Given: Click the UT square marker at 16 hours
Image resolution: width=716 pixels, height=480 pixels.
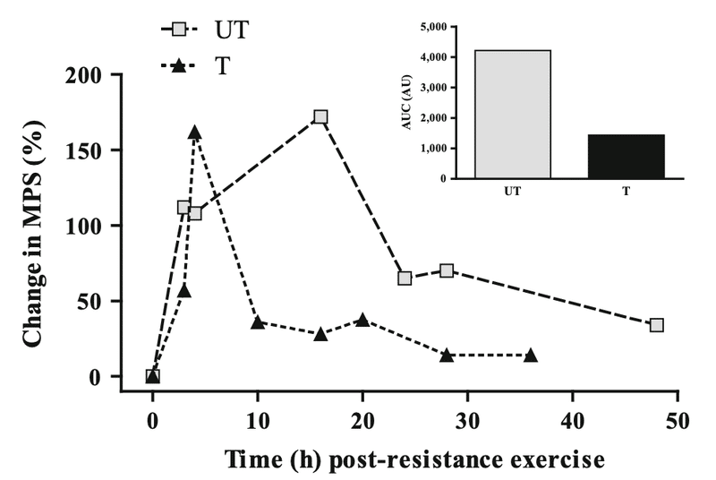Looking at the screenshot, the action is [x=320, y=117].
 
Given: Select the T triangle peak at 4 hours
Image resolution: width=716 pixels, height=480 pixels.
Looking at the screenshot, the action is [x=195, y=133].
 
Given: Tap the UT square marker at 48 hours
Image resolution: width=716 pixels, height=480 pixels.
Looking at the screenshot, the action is [x=656, y=325].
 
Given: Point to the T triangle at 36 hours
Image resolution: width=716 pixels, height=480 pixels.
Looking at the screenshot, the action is [x=531, y=355].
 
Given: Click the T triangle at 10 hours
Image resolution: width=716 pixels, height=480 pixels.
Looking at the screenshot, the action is [x=258, y=322].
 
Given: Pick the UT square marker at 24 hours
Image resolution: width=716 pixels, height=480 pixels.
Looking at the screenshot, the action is [x=405, y=279].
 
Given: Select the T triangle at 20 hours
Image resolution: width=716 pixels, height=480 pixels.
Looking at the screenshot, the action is [x=362, y=320].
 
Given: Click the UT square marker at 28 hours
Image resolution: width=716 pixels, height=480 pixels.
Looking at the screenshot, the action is [x=447, y=270].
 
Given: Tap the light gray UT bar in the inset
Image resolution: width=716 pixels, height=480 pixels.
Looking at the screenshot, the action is [x=512, y=114].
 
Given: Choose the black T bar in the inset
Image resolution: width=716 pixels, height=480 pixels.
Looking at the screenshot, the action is [x=626, y=157].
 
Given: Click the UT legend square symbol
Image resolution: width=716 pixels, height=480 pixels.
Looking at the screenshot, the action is [x=179, y=30].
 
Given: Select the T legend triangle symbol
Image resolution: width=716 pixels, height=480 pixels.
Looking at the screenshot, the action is [x=179, y=65].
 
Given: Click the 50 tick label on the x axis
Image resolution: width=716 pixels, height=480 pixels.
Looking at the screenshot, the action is [x=678, y=420].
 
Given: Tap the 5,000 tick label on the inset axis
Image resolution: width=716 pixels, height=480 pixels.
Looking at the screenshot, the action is [x=433, y=27].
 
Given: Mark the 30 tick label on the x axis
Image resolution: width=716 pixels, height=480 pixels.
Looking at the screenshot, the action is [x=467, y=420].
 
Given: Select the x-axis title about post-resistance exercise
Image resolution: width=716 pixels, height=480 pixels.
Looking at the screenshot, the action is [x=414, y=459].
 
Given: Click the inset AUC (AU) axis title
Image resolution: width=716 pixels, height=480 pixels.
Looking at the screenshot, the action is [x=407, y=102].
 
